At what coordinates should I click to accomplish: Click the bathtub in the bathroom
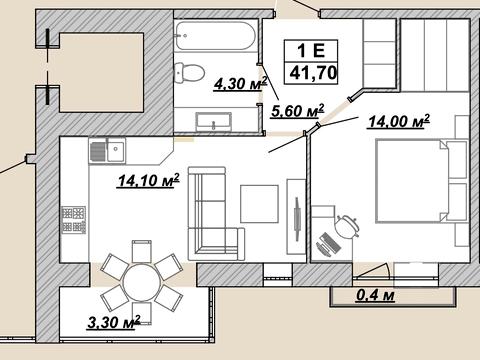(x=216, y=36)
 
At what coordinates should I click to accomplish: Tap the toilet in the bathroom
(x=189, y=72)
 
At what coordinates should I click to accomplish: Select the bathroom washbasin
(x=214, y=121)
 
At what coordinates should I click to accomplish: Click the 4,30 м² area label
(x=241, y=83)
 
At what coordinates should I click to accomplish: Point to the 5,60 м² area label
(x=298, y=111)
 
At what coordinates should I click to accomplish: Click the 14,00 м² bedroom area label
(x=399, y=121)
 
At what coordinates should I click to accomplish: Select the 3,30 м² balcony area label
(x=114, y=322)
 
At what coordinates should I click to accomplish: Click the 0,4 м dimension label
(x=376, y=295)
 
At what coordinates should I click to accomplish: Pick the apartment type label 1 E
(x=311, y=51)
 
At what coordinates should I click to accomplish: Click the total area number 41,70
(x=313, y=72)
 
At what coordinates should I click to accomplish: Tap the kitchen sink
(x=107, y=151)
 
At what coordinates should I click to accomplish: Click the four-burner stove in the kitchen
(x=74, y=219)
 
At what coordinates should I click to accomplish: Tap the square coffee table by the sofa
(x=259, y=204)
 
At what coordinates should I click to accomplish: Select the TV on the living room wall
(x=297, y=219)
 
